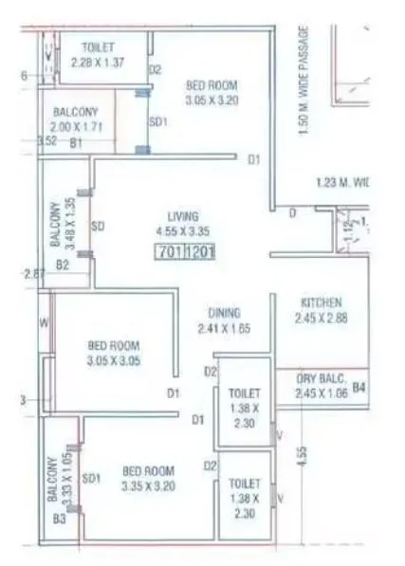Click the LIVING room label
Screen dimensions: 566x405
tap(182, 215)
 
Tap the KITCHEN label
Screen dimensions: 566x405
tap(320, 302)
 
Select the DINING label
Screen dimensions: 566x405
tap(225, 313)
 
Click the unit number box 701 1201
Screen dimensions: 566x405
tap(187, 253)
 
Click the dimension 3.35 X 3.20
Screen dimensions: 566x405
tap(150, 486)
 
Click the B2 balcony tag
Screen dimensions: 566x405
tap(62, 265)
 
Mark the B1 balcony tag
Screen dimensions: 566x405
tap(77, 142)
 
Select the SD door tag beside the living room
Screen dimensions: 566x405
tap(97, 227)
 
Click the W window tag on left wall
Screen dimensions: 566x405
tap(44, 321)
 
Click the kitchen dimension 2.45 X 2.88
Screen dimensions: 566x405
tap(320, 317)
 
